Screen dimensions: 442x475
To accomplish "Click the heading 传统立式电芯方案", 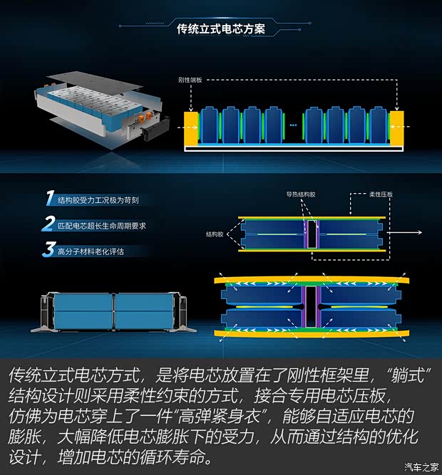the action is [x=221, y=29].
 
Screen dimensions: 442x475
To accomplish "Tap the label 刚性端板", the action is [x=190, y=80].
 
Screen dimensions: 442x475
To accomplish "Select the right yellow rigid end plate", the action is [x=396, y=129].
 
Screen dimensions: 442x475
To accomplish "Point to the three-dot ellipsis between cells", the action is [x=293, y=125].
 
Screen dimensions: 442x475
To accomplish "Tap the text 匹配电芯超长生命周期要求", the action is [x=102, y=226].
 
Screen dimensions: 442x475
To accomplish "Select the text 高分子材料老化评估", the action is [x=91, y=251].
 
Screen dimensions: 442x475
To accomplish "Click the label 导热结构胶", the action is [x=301, y=194].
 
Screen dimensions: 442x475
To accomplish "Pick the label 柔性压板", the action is [x=381, y=194].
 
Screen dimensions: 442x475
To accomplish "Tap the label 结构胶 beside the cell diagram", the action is [x=215, y=234].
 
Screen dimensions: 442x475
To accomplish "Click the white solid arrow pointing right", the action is [x=404, y=232].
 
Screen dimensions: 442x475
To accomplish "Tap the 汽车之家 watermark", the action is [x=421, y=467].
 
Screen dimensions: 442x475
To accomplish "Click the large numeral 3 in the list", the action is [x=49, y=249].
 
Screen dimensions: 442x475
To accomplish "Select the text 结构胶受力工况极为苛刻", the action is [x=98, y=200].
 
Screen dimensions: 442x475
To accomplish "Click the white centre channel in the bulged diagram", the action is [x=311, y=306].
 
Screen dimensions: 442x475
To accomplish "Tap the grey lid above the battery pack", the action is [x=97, y=80].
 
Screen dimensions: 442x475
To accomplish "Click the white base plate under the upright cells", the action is [x=294, y=149].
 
